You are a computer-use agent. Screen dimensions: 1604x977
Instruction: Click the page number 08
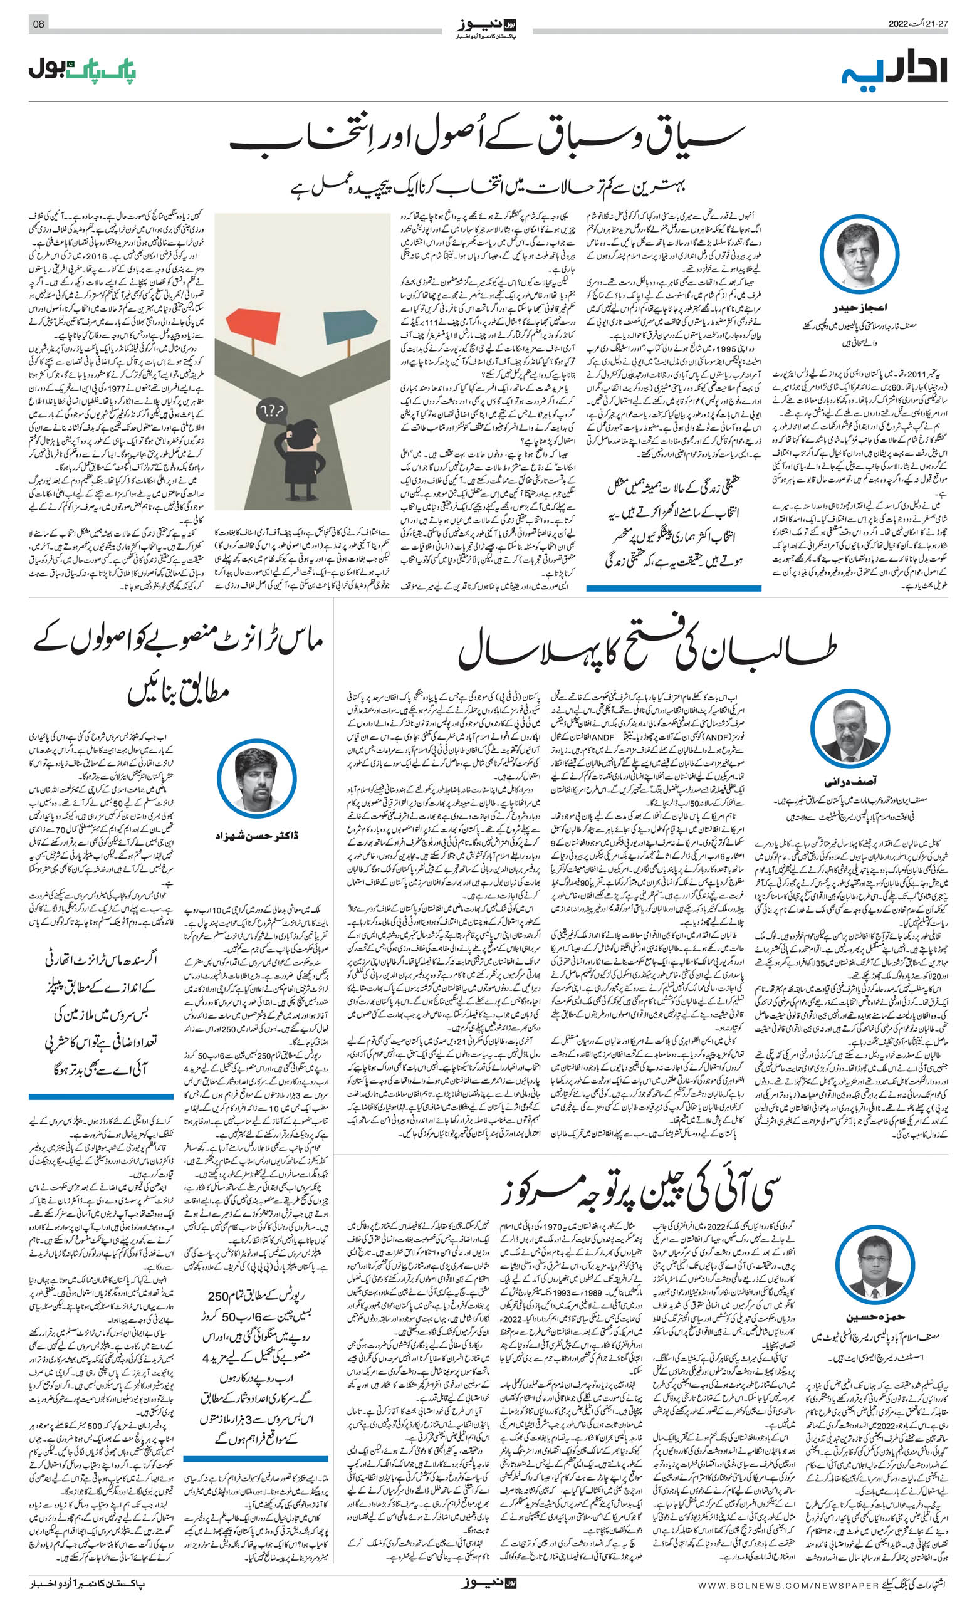tap(38, 24)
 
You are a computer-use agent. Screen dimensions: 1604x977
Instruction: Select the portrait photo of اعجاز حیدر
tap(859, 254)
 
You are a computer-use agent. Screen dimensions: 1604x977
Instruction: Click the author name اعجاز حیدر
tap(859, 307)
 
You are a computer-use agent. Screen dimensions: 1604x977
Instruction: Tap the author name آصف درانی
tap(850, 781)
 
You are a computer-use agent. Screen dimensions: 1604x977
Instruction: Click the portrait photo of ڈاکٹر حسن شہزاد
tap(256, 778)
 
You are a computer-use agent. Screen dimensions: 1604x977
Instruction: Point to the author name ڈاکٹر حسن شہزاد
tap(256, 835)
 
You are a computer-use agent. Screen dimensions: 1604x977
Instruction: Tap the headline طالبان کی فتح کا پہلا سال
tap(647, 651)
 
